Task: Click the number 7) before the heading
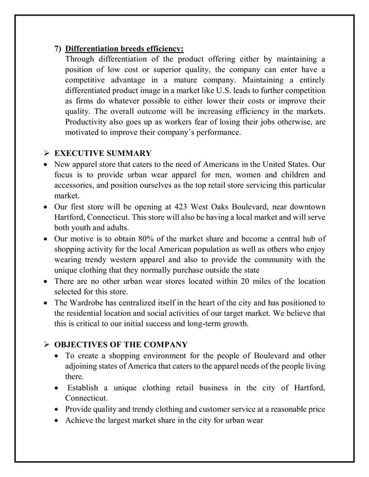click(x=58, y=48)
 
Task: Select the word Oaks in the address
click(x=241, y=207)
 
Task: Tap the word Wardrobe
click(x=93, y=302)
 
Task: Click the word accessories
click(x=78, y=185)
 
